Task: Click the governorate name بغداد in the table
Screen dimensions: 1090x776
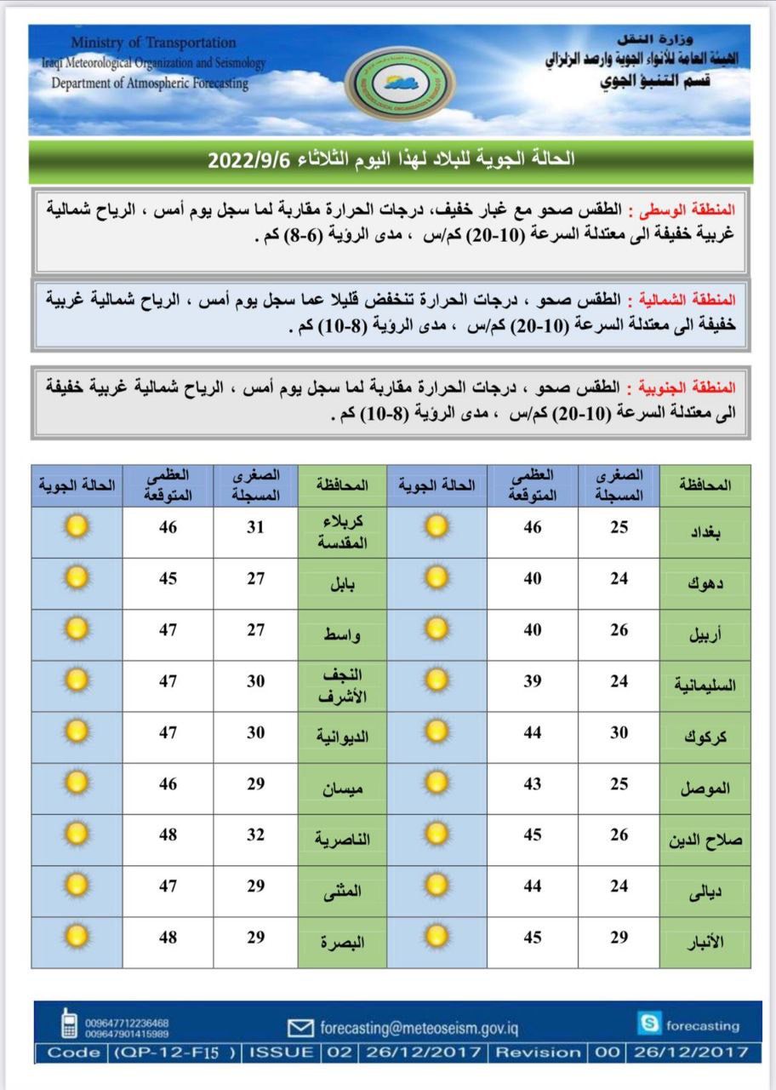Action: point(705,532)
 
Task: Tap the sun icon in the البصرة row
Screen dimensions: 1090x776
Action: point(77,938)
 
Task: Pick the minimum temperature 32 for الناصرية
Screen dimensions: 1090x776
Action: point(255,835)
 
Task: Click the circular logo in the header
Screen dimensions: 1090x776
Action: point(401,83)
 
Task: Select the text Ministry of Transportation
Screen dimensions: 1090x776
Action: point(153,42)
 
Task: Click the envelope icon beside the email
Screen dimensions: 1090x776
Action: point(301,1027)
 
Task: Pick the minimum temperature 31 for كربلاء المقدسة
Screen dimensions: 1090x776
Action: point(255,528)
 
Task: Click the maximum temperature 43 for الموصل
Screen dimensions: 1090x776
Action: point(532,783)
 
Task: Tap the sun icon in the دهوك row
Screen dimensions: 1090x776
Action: point(436,579)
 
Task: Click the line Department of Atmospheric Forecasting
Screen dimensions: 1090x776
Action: point(150,83)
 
